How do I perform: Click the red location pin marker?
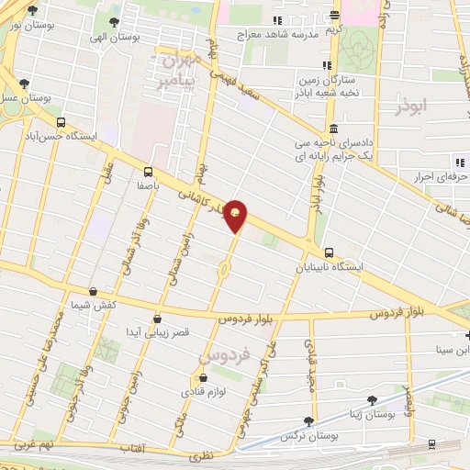[236, 215]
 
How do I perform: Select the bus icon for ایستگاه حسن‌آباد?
[61, 121]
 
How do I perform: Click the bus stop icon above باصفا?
[149, 171]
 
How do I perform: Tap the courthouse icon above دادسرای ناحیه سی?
[331, 129]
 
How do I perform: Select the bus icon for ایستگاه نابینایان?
[329, 253]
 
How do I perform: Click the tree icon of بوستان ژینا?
[372, 400]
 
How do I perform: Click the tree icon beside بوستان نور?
[33, 12]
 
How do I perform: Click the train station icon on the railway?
[431, 444]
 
